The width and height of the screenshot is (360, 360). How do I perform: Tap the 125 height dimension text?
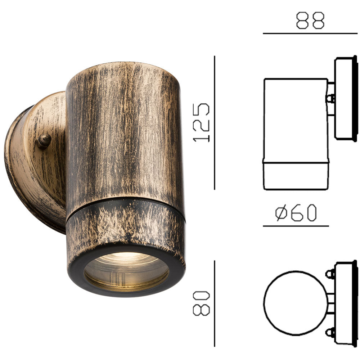point(202,122)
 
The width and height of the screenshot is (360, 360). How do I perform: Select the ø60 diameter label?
point(296,213)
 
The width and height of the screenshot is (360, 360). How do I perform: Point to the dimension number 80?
point(201,303)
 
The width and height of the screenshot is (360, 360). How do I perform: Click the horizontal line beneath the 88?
point(310,33)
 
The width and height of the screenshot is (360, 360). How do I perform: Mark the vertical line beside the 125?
point(215,122)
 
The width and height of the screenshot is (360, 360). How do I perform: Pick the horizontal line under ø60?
point(296,226)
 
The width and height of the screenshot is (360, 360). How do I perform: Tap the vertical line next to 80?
point(215,303)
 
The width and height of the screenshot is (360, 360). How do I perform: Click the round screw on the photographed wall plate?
point(44,141)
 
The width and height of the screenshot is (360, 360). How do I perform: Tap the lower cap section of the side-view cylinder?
point(296,176)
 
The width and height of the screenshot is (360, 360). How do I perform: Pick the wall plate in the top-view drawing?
point(345,303)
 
